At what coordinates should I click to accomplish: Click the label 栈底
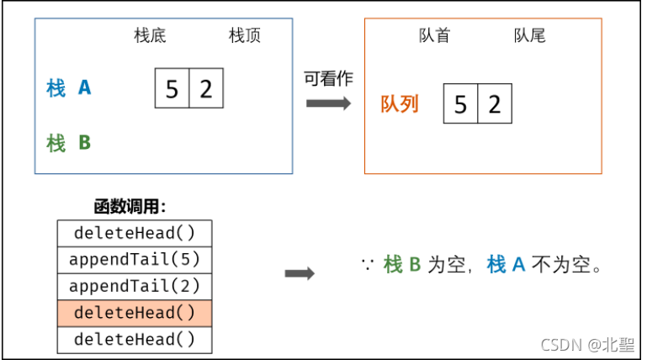coord(151,36)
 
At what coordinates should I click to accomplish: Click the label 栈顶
coord(245,36)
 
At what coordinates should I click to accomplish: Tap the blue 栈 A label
coord(69,87)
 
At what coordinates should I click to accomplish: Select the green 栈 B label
coord(69,143)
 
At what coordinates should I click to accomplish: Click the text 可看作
coord(328,79)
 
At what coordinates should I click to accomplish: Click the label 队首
coord(434,36)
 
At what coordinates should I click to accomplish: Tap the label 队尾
coord(530,36)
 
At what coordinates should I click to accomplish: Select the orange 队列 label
coord(400,104)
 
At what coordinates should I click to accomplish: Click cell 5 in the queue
coord(460,104)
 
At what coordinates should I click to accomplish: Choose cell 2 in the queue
coord(495,104)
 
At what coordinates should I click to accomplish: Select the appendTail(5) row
coord(135,259)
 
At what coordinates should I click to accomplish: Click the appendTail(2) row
coord(135,286)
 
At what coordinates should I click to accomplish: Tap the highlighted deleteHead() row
coord(135,313)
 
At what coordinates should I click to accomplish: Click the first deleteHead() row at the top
coord(135,232)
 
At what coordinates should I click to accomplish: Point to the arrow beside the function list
coord(300,273)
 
